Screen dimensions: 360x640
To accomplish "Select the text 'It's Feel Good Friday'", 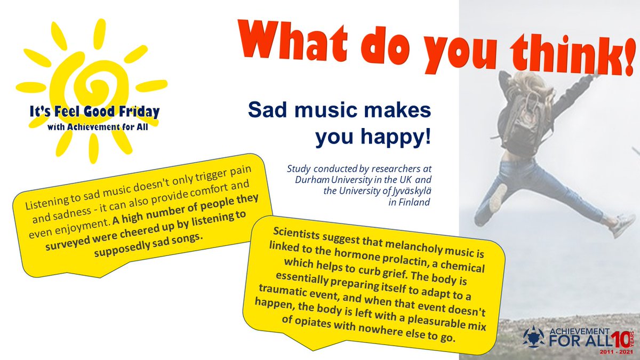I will [x=95, y=113].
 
